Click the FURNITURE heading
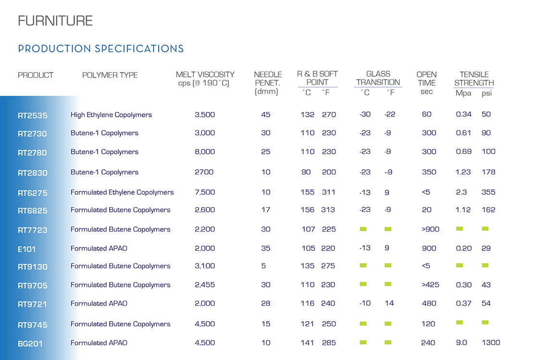(55, 21)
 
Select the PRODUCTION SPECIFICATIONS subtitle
(100, 49)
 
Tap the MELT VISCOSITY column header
(205, 79)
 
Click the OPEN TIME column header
(426, 83)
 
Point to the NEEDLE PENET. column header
(268, 83)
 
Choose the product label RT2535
(33, 115)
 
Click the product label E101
(26, 249)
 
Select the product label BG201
(30, 344)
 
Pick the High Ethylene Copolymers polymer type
(111, 115)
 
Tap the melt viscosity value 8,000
(205, 152)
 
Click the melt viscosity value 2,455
(205, 285)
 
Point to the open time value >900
(430, 229)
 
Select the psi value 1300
(491, 343)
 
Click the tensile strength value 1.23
(463, 172)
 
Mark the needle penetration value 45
(266, 115)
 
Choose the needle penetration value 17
(266, 210)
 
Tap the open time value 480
(429, 303)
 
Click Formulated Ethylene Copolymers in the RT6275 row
(122, 192)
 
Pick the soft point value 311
(328, 192)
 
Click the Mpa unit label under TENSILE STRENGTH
(463, 93)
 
